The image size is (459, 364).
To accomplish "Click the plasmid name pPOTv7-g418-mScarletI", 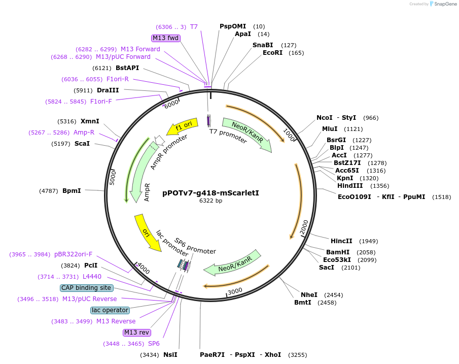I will (210, 193).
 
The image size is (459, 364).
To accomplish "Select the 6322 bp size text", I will (210, 201).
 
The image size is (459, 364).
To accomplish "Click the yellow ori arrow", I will (147, 233).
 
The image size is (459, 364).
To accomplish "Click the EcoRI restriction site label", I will (272, 53).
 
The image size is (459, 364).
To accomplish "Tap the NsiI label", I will (170, 355).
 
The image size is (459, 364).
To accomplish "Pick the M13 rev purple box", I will (137, 333).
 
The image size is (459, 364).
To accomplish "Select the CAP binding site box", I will (86, 288).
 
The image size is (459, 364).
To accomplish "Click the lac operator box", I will (110, 310).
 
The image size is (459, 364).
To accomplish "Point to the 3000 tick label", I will (235, 291).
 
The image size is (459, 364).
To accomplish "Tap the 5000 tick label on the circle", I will (113, 177).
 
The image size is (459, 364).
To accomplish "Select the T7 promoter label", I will (228, 134).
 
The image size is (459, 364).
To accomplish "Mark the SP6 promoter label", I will (195, 246).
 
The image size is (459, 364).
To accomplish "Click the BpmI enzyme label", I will (72, 191).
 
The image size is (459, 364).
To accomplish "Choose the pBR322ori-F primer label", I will (74, 254).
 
